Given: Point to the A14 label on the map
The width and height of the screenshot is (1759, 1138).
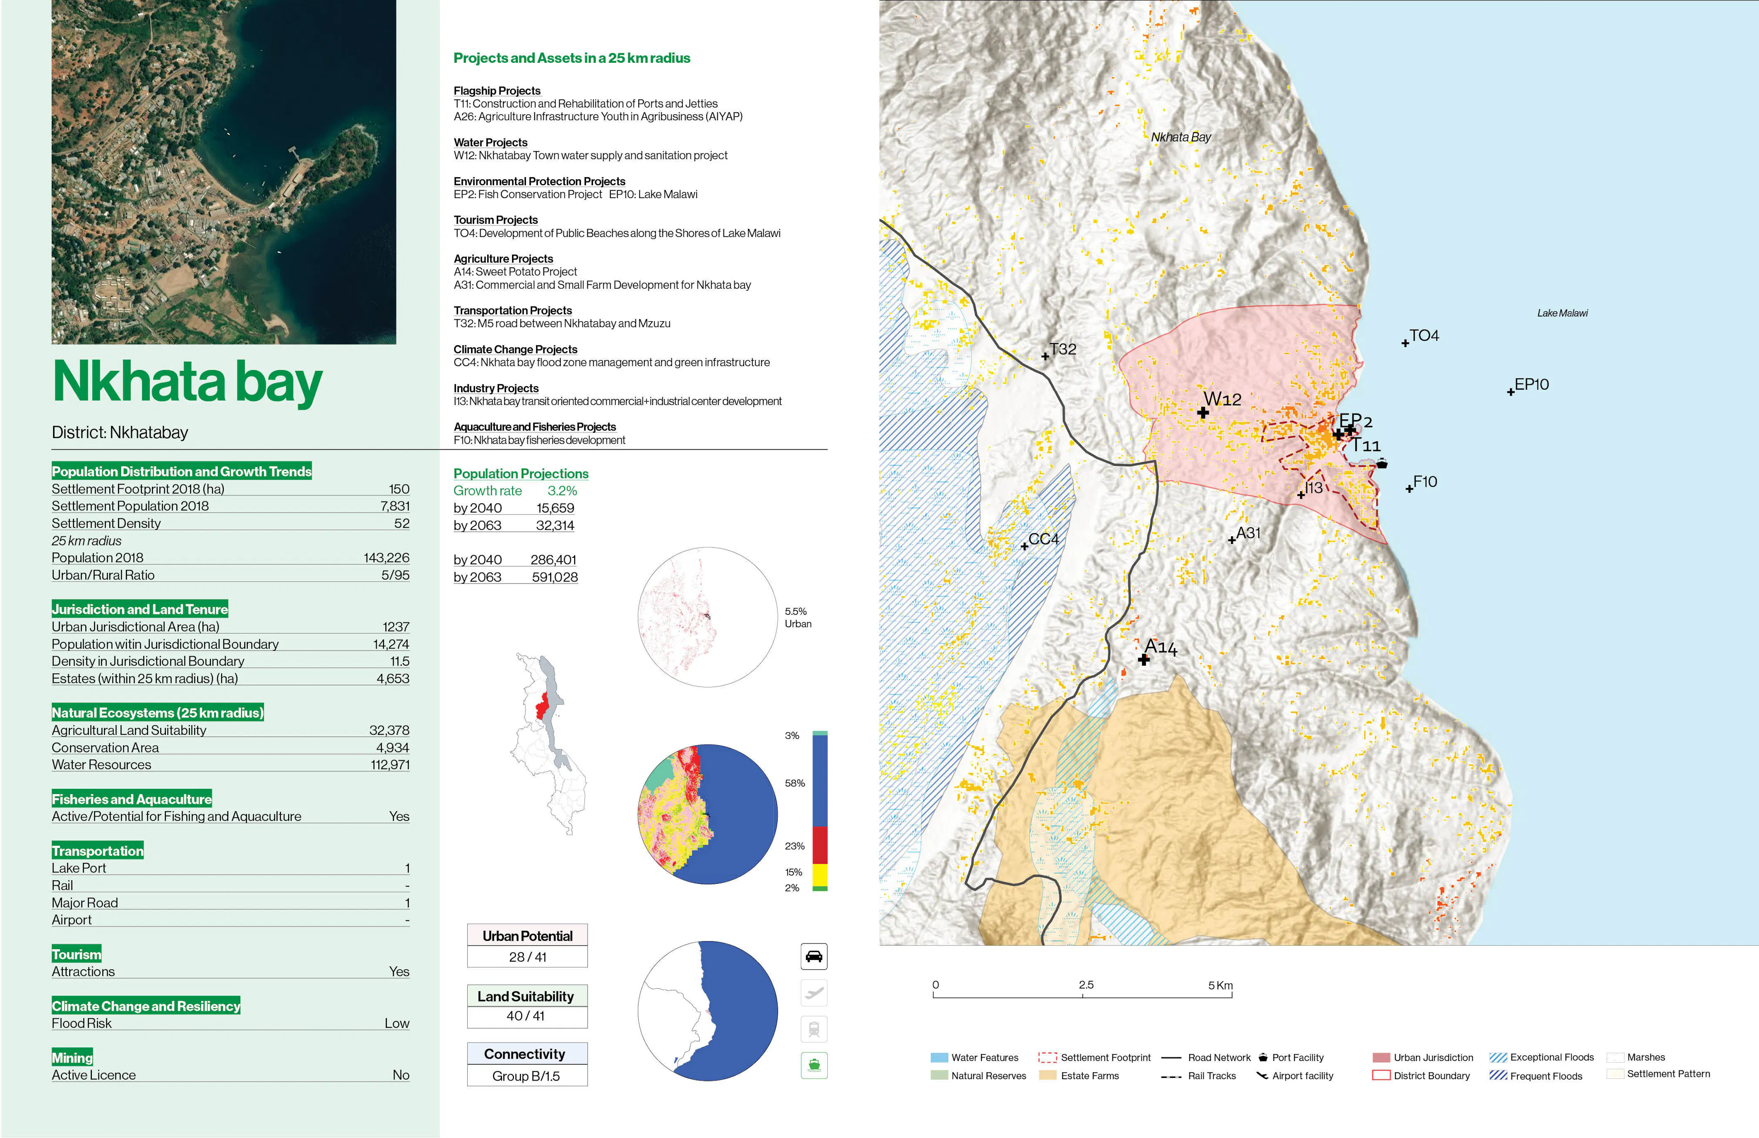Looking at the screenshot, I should tap(1160, 647).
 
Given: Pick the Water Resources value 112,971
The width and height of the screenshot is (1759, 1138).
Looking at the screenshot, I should tap(390, 765).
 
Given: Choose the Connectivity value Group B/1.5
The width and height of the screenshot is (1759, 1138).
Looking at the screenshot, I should tap(526, 1076).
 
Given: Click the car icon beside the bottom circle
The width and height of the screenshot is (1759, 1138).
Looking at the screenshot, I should tap(814, 956).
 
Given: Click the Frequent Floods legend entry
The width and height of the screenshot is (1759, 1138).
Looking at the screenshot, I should tap(1545, 1076).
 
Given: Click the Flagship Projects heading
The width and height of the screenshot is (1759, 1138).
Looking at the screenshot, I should tap(497, 90).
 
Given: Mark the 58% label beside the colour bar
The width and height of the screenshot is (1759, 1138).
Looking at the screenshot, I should tap(795, 783).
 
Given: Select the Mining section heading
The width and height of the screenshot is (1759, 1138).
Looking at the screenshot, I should tap(72, 1057).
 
